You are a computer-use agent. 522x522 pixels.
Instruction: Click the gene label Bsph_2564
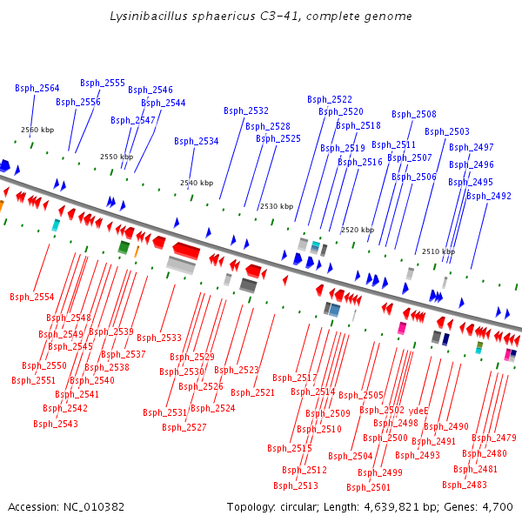pos(37,88)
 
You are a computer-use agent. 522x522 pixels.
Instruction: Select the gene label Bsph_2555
pos(103,83)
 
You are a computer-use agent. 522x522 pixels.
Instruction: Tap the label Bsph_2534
pos(197,141)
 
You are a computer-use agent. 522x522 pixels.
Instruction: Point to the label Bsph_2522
pos(330,99)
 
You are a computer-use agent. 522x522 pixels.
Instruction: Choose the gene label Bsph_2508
pos(414,114)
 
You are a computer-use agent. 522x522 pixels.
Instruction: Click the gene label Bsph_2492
pos(489,196)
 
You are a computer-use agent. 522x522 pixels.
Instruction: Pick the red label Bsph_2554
pos(32,297)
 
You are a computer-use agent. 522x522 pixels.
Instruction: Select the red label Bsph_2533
pos(159,338)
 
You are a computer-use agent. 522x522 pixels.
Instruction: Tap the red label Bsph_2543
pos(56,424)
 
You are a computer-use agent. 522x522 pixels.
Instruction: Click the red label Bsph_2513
pos(296,485)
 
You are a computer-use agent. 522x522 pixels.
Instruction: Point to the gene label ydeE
pos(418,410)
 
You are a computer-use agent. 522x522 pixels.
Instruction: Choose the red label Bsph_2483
pos(465,485)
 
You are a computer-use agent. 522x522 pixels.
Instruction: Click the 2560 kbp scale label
pos(37,130)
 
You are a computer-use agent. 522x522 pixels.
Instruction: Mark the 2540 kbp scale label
pos(197,183)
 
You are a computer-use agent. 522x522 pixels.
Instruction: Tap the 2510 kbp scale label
pos(438,251)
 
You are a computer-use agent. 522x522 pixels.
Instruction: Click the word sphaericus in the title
pos(203,17)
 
